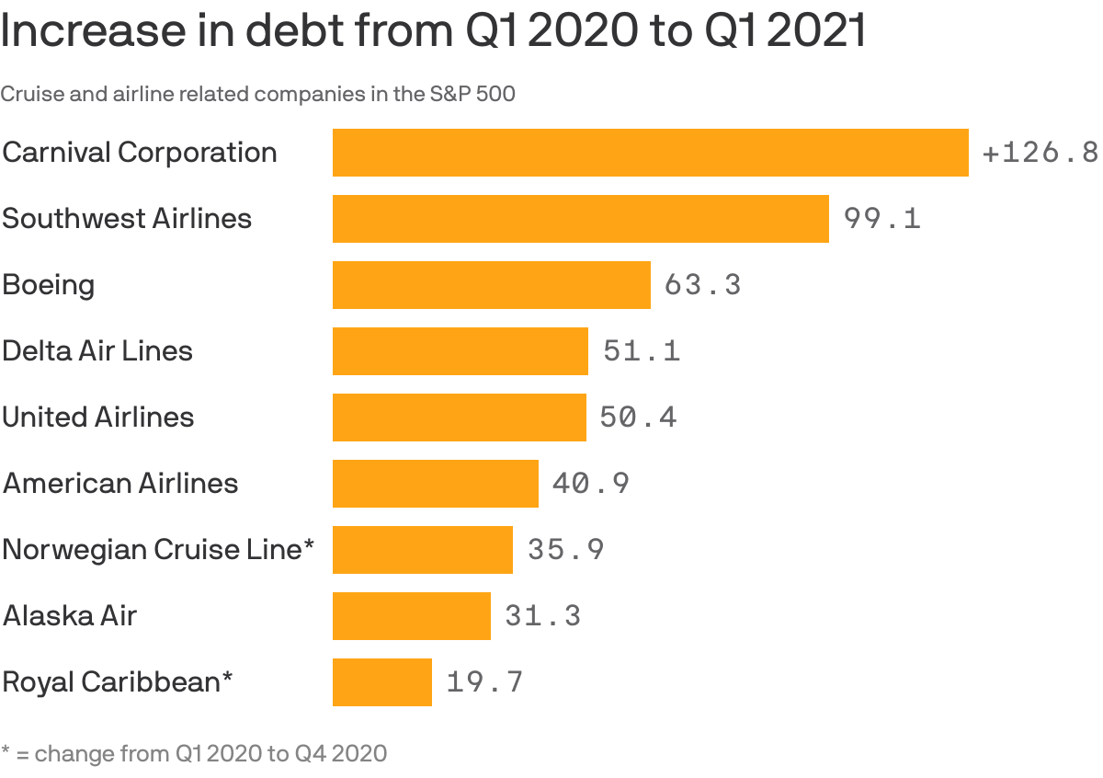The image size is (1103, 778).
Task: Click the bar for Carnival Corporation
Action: [x=650, y=153]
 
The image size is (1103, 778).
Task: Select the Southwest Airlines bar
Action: [x=580, y=219]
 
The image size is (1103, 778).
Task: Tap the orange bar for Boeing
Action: [x=491, y=285]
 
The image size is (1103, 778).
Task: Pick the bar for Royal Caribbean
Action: [x=381, y=682]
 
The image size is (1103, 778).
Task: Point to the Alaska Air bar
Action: [x=411, y=616]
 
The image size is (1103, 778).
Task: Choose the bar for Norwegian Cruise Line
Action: [x=422, y=550]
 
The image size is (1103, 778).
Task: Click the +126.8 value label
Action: [x=1040, y=153]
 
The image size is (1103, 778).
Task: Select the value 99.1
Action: [x=882, y=219]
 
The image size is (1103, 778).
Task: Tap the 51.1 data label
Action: [x=642, y=351]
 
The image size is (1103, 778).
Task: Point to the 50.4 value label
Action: [x=638, y=418]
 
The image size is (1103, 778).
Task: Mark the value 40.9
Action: [x=591, y=484]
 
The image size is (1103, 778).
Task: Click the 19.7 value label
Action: [x=484, y=682]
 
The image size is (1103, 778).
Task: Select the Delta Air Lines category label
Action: [x=97, y=351]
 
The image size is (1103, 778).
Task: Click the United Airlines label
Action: [x=98, y=418]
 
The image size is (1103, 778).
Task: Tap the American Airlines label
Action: [x=120, y=484]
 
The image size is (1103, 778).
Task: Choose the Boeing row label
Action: [x=49, y=285]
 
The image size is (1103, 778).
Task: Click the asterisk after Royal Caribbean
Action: [x=227, y=679]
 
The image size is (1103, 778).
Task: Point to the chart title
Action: [x=434, y=31]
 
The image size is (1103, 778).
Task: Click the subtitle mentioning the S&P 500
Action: [x=257, y=94]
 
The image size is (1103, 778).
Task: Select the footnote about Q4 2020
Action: [x=194, y=754]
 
